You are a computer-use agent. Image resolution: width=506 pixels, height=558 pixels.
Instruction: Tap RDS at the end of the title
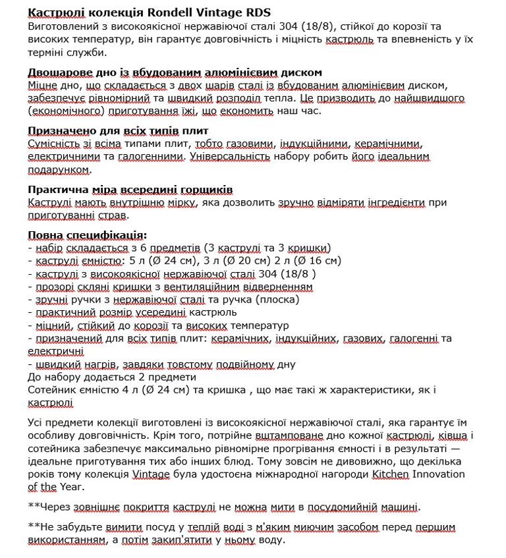(256, 13)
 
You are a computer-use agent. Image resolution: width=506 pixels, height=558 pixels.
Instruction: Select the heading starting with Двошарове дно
(175, 72)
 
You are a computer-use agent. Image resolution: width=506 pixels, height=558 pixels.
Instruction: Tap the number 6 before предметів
(153, 248)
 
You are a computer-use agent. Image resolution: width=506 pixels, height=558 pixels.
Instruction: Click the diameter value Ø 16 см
(316, 261)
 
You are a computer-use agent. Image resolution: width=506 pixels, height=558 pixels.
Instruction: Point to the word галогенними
(150, 157)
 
